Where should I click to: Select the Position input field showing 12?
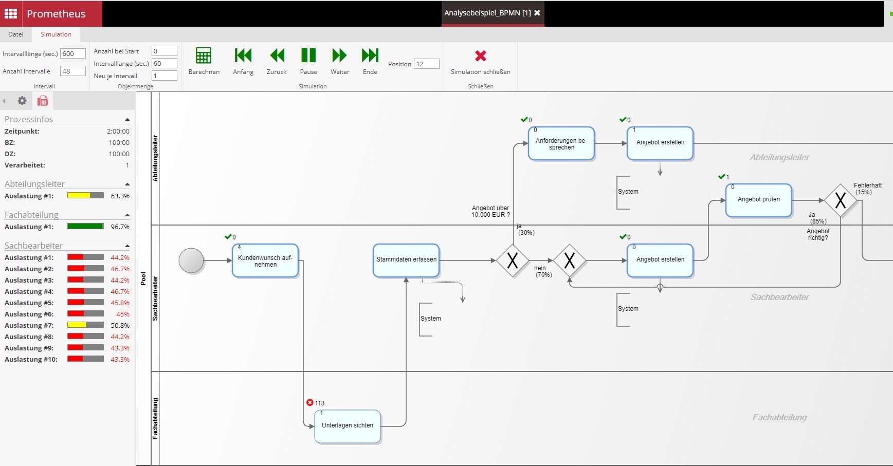(x=427, y=64)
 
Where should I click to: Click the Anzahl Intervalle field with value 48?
(x=72, y=71)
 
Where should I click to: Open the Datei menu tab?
(x=15, y=34)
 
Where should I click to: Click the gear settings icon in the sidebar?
(x=22, y=101)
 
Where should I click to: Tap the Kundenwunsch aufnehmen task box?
(x=265, y=261)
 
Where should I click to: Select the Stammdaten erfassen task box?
(x=406, y=260)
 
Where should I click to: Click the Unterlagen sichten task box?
(x=348, y=426)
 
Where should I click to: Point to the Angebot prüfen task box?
(x=758, y=200)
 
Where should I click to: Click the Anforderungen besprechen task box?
(x=561, y=144)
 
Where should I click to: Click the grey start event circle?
(x=191, y=260)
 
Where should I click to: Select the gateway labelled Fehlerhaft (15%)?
(x=840, y=200)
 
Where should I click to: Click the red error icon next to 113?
(x=309, y=403)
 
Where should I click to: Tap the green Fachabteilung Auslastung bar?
(x=85, y=227)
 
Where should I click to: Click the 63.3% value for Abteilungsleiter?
(x=120, y=196)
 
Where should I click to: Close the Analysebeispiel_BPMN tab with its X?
(x=537, y=13)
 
